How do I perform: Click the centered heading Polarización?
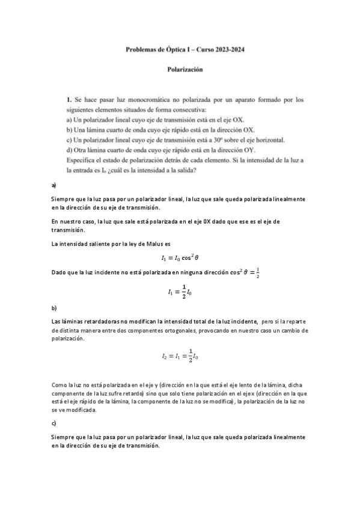coord(185,69)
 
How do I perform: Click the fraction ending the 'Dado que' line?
coord(258,272)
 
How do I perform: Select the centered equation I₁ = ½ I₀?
coord(180,293)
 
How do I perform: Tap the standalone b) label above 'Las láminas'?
coord(54,307)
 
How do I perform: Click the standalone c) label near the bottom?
coord(54,423)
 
